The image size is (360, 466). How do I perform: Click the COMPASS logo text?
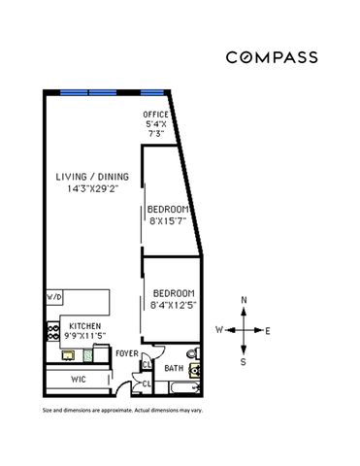[272, 57]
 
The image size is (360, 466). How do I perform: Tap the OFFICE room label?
[155, 115]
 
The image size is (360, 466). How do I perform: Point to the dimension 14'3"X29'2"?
[85, 190]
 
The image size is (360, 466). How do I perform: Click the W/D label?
[53, 295]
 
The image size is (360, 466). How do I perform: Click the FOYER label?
[126, 353]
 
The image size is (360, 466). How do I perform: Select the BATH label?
[174, 369]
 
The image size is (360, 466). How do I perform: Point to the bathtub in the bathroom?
[180, 388]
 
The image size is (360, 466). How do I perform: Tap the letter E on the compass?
[268, 330]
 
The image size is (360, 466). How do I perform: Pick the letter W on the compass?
[219, 330]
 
